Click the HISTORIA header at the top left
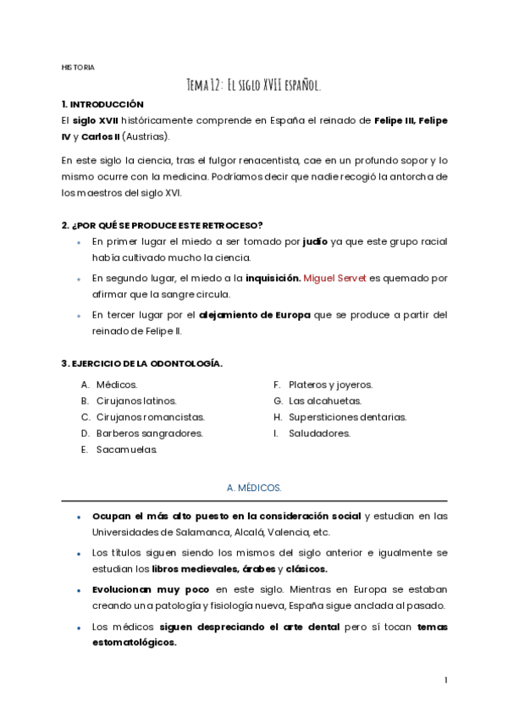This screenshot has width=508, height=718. tap(78, 67)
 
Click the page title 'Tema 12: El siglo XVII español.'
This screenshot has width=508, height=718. tap(253, 85)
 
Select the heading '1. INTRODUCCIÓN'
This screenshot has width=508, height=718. tap(102, 103)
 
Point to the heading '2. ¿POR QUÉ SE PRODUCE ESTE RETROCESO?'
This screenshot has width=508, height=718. tap(162, 224)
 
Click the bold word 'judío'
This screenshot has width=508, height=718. tap(316, 241)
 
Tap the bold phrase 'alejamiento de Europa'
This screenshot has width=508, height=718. tap(254, 314)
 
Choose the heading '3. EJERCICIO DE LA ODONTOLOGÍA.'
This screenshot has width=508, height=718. tap(141, 363)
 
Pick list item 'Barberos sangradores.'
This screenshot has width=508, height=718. tap(149, 433)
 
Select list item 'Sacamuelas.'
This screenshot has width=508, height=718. tap(127, 450)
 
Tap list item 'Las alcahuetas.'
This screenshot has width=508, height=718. tap(324, 400)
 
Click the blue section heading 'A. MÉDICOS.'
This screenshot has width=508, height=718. tap(254, 489)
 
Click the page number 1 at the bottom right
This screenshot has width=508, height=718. tap(445, 680)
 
